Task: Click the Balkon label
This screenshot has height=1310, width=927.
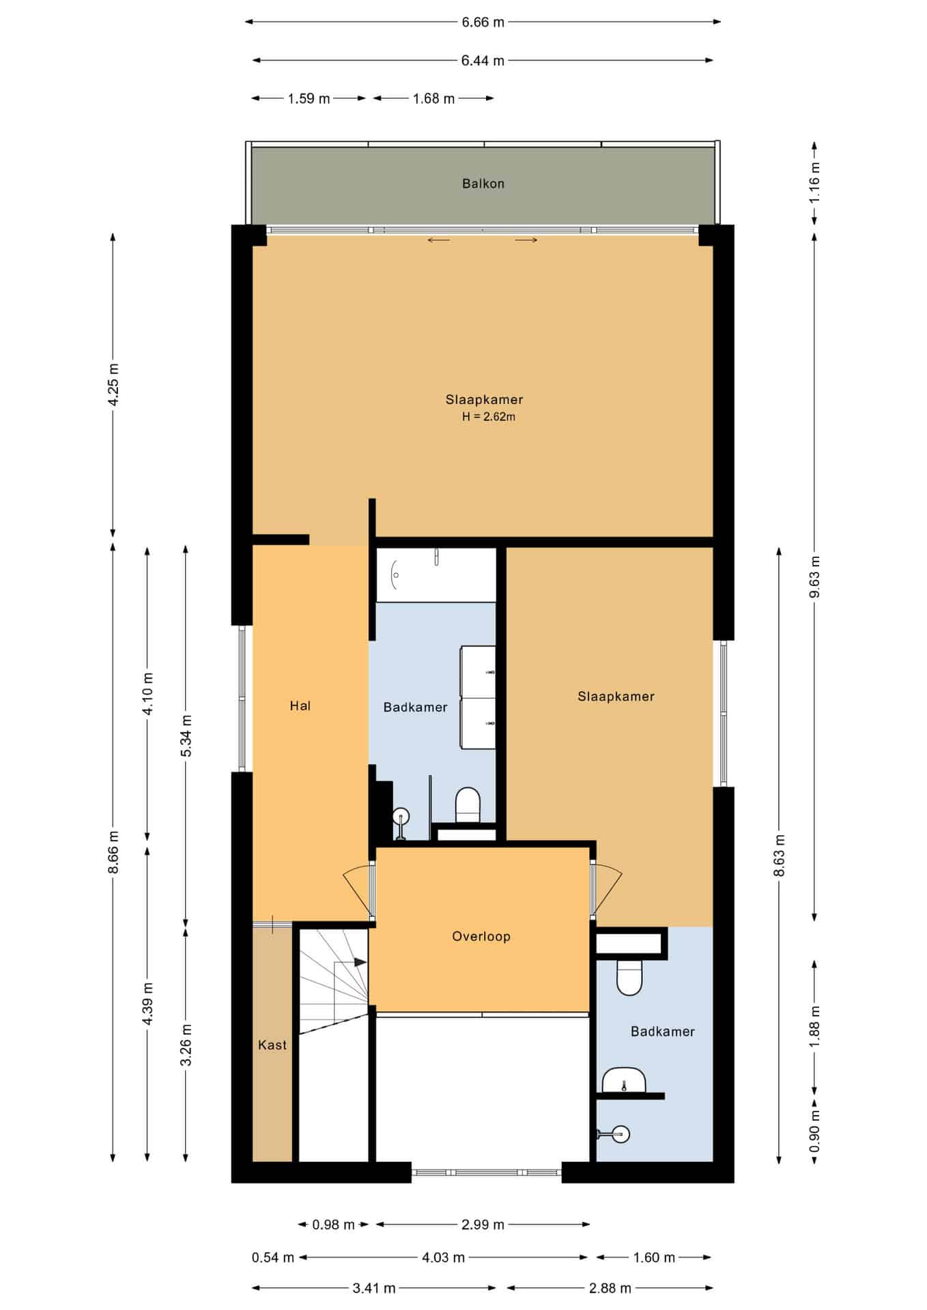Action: pos(483,184)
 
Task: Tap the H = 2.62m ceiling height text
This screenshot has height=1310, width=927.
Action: pos(489,417)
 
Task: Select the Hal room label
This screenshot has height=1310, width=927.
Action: pos(300,706)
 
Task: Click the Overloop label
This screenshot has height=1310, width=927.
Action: pos(481,937)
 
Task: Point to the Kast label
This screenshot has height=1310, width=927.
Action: pos(272,1045)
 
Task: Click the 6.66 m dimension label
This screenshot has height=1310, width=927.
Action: pos(483,23)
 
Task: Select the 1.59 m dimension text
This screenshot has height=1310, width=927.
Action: pos(309,99)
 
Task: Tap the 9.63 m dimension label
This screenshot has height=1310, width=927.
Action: pos(814,577)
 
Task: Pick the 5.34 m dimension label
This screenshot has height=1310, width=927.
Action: pos(186,735)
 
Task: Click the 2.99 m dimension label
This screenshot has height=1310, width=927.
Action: pos(483,1225)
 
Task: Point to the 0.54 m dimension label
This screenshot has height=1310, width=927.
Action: pos(273,1257)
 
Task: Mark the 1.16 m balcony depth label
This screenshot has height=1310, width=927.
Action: pos(814,181)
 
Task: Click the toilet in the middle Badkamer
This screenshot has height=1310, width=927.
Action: pos(468,805)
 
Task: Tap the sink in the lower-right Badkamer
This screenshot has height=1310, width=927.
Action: pos(624,1080)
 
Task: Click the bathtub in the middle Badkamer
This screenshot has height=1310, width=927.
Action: pos(436,574)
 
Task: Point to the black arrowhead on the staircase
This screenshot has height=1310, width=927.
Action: pos(360,963)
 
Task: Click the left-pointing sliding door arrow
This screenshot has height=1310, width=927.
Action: pos(439,240)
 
